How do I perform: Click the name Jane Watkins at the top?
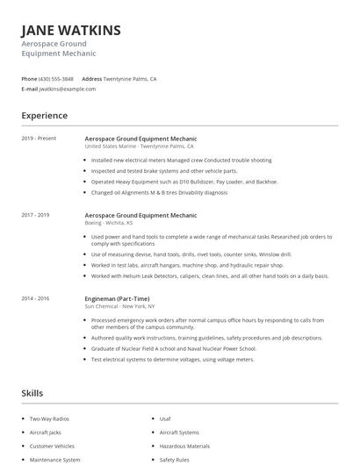[71, 31]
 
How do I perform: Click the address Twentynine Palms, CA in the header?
[130, 78]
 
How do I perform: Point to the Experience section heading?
[44, 115]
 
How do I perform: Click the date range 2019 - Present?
[39, 139]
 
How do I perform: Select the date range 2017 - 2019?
[36, 215]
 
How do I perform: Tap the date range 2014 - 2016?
[36, 298]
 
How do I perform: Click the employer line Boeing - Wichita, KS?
[109, 223]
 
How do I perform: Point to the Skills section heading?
[32, 393]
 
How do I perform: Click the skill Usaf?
[165, 419]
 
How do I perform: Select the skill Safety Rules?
[174, 459]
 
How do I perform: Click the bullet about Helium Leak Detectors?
[209, 275]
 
